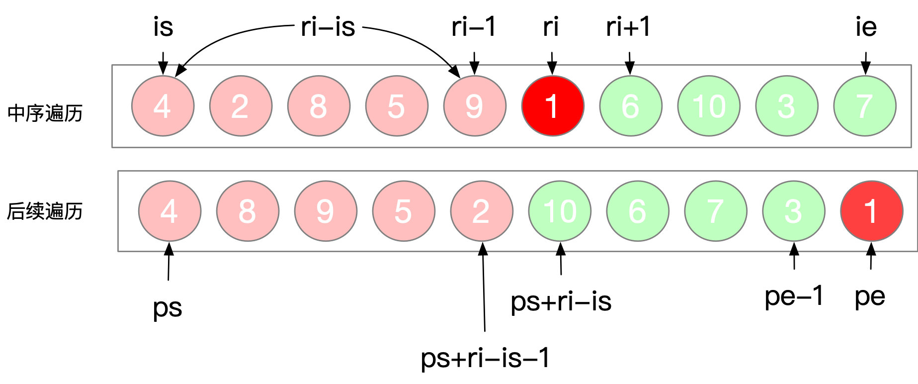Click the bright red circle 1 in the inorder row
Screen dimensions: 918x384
[552, 106]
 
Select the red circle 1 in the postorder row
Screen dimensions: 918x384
[871, 211]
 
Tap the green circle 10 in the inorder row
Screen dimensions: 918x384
[709, 106]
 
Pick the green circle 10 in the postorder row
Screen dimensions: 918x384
[560, 211]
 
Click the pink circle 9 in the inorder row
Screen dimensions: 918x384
[475, 106]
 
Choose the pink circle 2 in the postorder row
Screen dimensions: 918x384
[482, 211]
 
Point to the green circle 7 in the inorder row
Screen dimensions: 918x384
[865, 106]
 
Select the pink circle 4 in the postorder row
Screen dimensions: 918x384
[169, 211]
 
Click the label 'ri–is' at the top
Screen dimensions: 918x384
[328, 27]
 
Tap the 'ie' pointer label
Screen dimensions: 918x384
[866, 27]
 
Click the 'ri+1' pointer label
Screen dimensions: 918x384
[628, 27]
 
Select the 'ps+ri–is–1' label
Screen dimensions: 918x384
[485, 358]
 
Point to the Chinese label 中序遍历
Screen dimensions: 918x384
[45, 113]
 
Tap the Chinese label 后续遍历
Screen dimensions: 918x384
[45, 211]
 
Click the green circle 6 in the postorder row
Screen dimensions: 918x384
[638, 211]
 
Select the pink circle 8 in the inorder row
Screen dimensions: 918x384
[319, 106]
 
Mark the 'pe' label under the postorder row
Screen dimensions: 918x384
[870, 297]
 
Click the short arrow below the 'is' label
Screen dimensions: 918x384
[163, 63]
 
